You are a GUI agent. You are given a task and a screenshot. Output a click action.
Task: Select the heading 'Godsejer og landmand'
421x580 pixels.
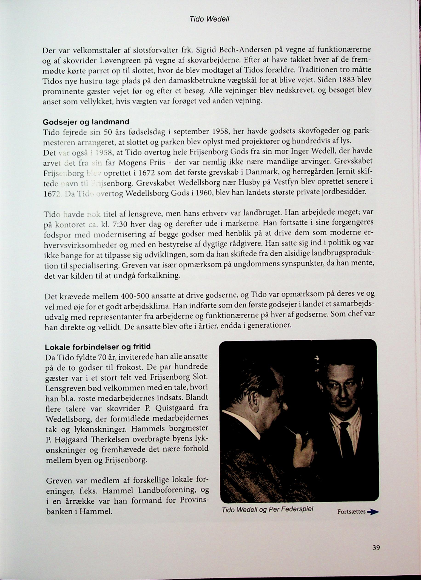(86, 122)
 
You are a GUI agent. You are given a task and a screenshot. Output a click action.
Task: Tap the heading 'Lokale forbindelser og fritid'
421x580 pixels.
(98, 347)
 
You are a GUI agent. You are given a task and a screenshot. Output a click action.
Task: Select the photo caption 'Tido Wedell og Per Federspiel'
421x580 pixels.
(267, 495)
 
